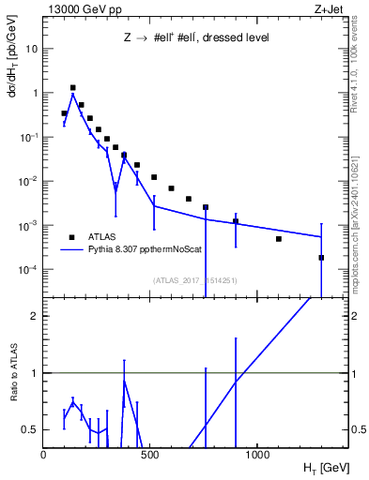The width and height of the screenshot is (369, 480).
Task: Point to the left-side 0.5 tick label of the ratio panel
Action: click(x=30, y=429)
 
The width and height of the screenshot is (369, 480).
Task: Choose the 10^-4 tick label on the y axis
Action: click(x=27, y=270)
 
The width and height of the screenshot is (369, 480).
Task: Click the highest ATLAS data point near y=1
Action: click(x=72, y=87)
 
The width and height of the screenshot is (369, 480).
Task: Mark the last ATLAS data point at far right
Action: click(x=321, y=258)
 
